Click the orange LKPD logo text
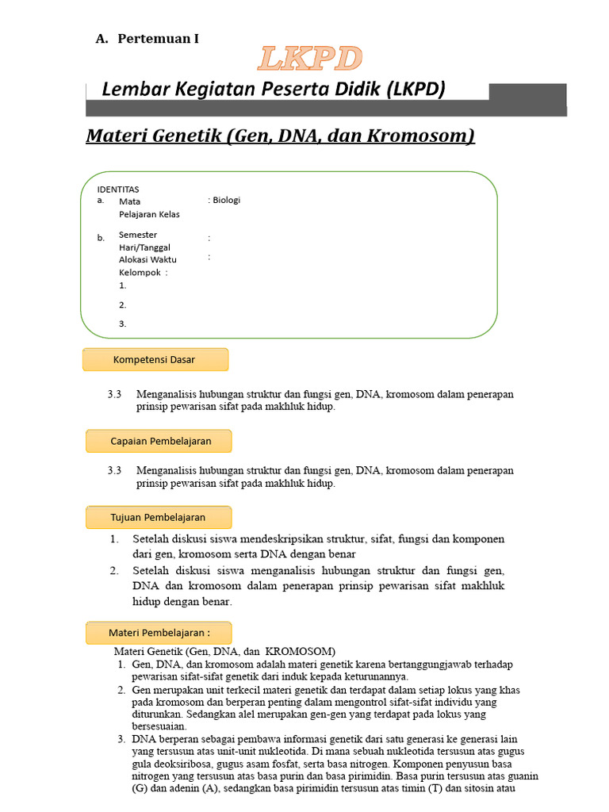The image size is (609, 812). [310, 59]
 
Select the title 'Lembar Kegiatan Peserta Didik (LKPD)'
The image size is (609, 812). [274, 90]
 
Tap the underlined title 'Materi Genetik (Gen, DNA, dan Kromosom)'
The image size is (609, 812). [280, 136]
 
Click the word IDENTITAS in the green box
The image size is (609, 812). [118, 190]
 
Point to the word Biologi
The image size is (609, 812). [226, 201]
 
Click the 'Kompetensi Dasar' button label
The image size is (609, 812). [155, 359]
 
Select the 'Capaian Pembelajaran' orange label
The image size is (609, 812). [160, 440]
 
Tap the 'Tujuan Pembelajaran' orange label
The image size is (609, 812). [158, 517]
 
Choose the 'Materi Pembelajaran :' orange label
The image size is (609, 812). [159, 633]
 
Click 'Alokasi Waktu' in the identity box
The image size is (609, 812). [147, 260]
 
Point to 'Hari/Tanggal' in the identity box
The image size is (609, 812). [144, 247]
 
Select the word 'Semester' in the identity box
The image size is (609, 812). [138, 235]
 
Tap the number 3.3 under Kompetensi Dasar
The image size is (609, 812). [114, 394]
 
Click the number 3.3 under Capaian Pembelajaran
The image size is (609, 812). [114, 470]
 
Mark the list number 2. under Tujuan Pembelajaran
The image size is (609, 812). [114, 570]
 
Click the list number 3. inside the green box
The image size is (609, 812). [123, 324]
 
